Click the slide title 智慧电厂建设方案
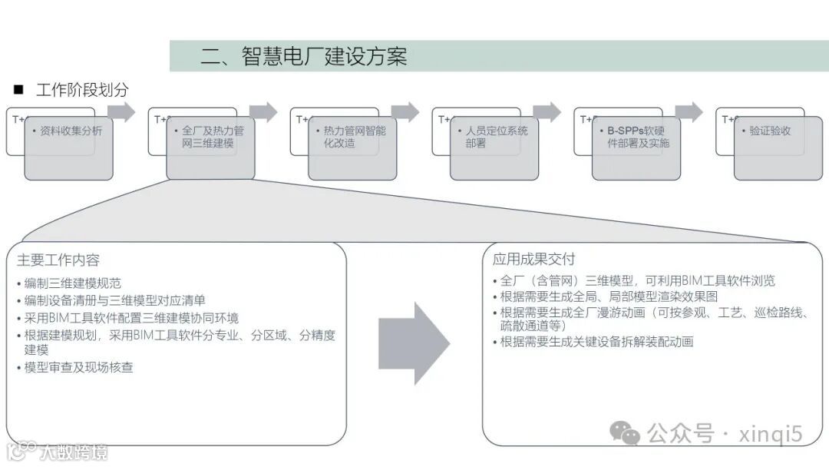pos(303,57)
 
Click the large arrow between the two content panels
pos(414,343)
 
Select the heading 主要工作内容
pos(58,260)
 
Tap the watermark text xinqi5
pos(770,434)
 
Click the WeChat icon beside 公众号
pos(625,434)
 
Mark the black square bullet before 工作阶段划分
pos(18,90)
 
